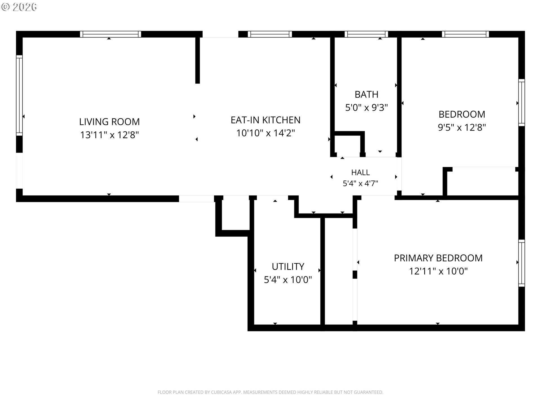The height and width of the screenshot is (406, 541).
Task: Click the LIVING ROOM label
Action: pyautogui.click(x=109, y=122)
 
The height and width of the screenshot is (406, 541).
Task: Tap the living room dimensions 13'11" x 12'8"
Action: pyautogui.click(x=109, y=135)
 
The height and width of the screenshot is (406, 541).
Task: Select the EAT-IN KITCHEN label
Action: pyautogui.click(x=265, y=120)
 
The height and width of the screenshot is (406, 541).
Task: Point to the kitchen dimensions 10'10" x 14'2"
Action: pyautogui.click(x=265, y=133)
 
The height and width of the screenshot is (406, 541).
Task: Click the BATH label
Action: pyautogui.click(x=366, y=94)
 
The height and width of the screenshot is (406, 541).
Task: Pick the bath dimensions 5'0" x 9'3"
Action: pyautogui.click(x=366, y=107)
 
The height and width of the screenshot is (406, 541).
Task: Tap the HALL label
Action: pyautogui.click(x=360, y=172)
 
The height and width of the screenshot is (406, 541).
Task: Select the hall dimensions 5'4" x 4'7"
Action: pyautogui.click(x=360, y=184)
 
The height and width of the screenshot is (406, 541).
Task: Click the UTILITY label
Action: pyautogui.click(x=288, y=266)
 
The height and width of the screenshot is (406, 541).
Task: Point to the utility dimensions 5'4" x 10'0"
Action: pyautogui.click(x=288, y=280)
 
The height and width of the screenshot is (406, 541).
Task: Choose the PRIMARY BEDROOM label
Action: pyautogui.click(x=438, y=258)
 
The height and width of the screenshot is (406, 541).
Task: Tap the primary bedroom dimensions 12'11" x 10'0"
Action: pyautogui.click(x=438, y=271)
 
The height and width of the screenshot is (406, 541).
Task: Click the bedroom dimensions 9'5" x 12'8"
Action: pyautogui.click(x=462, y=127)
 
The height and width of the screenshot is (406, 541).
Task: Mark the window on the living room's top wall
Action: pyautogui.click(x=110, y=34)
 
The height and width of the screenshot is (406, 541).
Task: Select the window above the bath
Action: pyautogui.click(x=366, y=34)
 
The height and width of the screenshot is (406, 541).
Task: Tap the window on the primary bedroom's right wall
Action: pyautogui.click(x=522, y=263)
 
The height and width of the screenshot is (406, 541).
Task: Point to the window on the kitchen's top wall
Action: pyautogui.click(x=270, y=34)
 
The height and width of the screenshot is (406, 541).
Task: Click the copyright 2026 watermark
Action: pyautogui.click(x=19, y=7)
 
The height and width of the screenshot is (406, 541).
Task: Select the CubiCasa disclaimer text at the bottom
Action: pyautogui.click(x=270, y=392)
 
